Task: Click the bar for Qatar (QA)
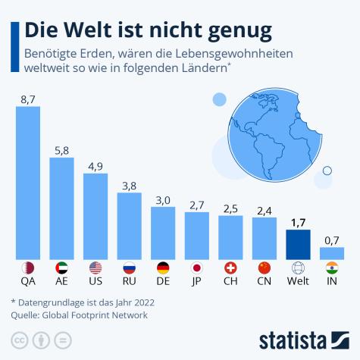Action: (28, 182)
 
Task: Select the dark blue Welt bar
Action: (298, 244)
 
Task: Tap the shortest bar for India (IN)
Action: (331, 253)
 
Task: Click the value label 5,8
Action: (61, 150)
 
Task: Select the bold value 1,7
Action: (298, 223)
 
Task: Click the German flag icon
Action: (163, 268)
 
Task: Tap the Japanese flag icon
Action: (197, 268)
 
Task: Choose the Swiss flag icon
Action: (230, 268)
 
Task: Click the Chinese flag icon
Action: (264, 268)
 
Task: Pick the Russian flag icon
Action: (129, 268)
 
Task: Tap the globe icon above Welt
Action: (298, 268)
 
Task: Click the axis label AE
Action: (61, 282)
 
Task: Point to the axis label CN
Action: (264, 282)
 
